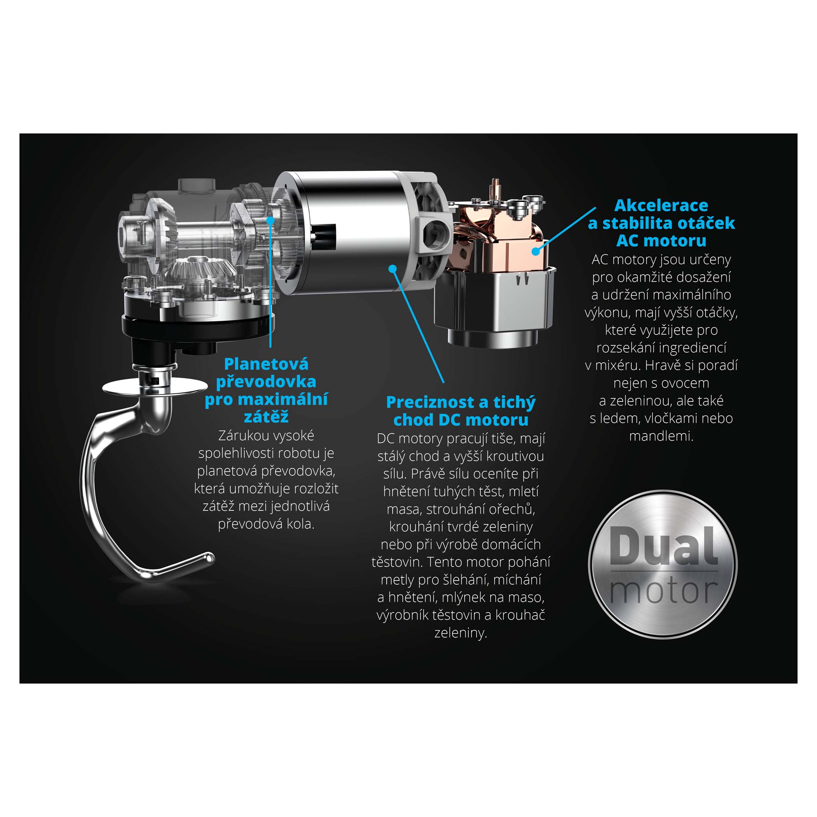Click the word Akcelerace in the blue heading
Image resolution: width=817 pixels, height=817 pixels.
pos(661,205)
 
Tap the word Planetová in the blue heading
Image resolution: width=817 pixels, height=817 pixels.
pos(266,364)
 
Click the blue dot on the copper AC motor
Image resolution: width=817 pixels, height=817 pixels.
pos(536,251)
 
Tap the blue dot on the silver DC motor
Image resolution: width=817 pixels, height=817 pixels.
pos(393,268)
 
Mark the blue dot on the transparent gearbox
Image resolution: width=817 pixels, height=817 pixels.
pos(270,220)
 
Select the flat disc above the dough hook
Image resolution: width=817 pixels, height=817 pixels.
pos(155,387)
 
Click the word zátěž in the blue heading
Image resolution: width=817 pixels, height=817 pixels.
pos(266,417)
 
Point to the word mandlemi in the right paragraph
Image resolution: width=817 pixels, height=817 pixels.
pos(661,436)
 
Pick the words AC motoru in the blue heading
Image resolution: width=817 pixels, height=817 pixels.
pos(661,240)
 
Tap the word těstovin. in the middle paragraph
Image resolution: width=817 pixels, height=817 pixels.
pos(398,562)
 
